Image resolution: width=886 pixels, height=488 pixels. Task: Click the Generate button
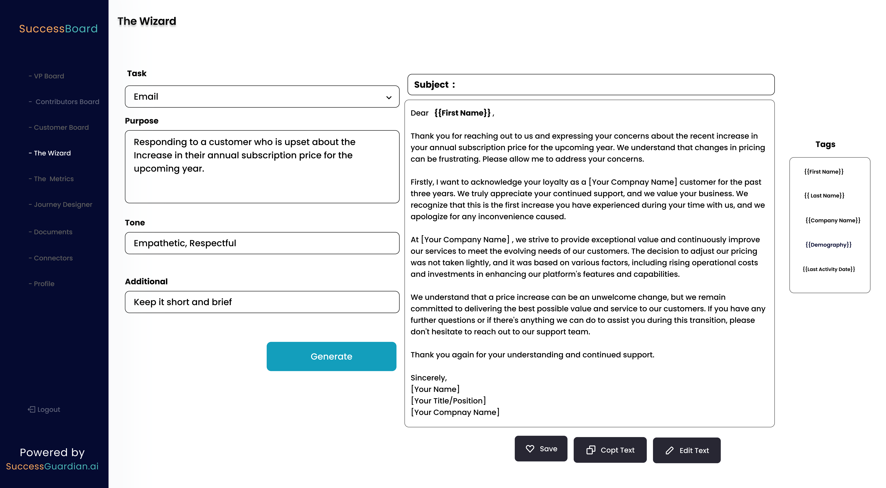point(331,356)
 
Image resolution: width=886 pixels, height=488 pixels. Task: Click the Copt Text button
point(610,450)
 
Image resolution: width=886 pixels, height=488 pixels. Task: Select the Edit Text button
point(687,450)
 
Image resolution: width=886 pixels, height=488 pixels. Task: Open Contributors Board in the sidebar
point(67,102)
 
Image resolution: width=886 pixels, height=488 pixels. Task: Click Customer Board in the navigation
point(61,128)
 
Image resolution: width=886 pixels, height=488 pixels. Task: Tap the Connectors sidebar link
point(53,258)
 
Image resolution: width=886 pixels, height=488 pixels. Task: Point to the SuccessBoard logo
point(58,29)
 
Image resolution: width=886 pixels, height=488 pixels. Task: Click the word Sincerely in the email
point(428,378)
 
